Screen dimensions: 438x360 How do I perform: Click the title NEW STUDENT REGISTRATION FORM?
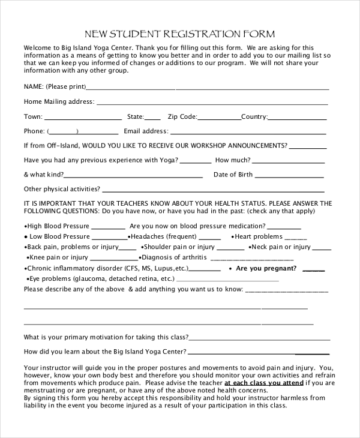[180, 34]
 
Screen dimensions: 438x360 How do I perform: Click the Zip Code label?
[182, 116]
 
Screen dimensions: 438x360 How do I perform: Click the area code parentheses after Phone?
[63, 131]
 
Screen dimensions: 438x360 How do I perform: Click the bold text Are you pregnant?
[266, 269]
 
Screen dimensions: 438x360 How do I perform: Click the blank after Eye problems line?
[227, 280]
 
